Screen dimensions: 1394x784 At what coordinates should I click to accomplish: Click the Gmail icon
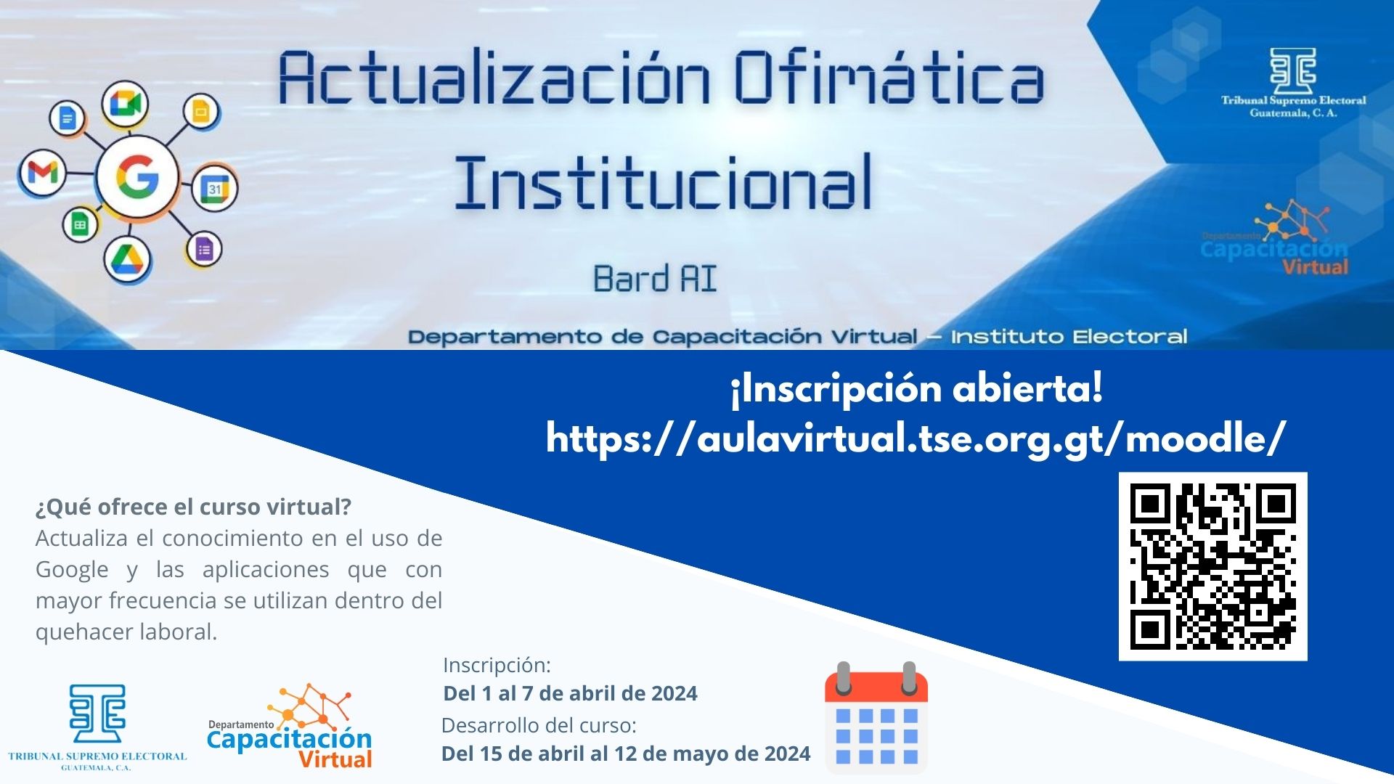(x=43, y=173)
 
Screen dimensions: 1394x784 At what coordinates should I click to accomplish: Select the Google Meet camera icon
(x=125, y=105)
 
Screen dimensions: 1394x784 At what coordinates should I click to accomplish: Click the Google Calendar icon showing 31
(x=215, y=188)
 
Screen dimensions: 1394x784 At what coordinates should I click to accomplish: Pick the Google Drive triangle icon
(x=127, y=259)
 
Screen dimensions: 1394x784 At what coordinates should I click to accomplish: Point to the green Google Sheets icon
(x=80, y=224)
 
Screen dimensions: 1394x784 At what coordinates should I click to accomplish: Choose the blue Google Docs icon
(x=68, y=117)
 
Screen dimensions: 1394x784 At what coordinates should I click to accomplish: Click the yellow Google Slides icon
(x=201, y=112)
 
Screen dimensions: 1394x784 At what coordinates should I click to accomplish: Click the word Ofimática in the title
(x=889, y=78)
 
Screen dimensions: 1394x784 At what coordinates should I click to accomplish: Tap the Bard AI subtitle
(x=655, y=279)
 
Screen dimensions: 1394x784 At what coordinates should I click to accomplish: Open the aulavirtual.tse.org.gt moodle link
(x=916, y=438)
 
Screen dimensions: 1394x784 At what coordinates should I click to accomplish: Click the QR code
(x=1212, y=566)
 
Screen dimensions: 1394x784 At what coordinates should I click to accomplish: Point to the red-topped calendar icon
(x=876, y=716)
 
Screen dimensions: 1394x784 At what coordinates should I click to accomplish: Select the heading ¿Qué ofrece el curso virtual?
(x=193, y=507)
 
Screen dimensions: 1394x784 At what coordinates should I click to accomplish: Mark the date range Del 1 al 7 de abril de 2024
(x=570, y=693)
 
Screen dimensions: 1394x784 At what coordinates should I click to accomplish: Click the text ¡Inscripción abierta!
(x=916, y=388)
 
